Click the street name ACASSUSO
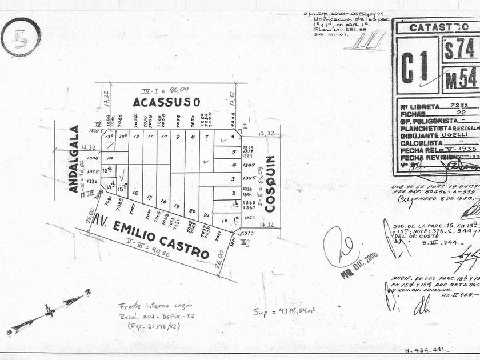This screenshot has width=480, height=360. tap(166, 102)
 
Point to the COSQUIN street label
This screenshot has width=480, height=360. tap(270, 183)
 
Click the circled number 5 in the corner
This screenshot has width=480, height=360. tap(21, 37)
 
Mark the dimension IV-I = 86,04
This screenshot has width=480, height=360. tap(167, 90)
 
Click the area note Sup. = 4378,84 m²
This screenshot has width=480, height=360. tap(285, 311)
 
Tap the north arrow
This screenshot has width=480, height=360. tap(49, 311)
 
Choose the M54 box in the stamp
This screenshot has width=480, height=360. tap(461, 79)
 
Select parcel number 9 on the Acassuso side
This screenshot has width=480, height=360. tap(178, 137)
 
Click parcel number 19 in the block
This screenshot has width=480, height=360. tap(177, 206)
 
